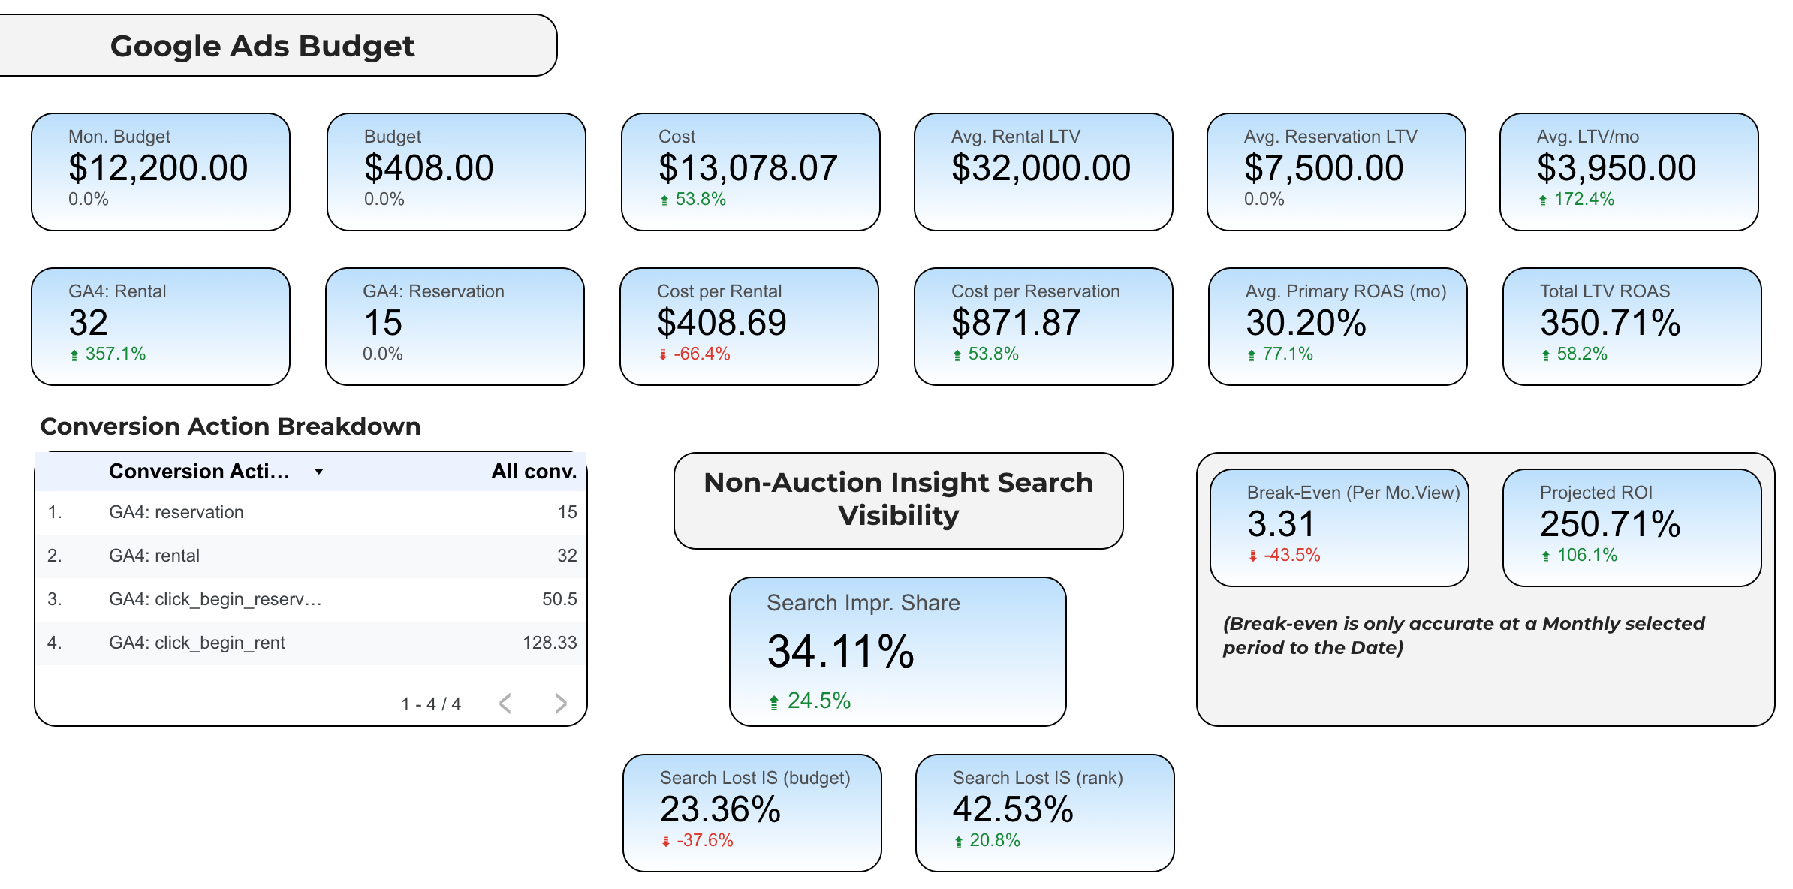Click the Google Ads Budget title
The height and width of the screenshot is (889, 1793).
pyautogui.click(x=262, y=46)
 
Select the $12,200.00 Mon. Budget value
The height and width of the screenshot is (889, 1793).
pyautogui.click(x=158, y=167)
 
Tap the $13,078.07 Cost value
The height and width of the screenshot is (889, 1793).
pyautogui.click(x=747, y=167)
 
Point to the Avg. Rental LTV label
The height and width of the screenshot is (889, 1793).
pyautogui.click(x=1015, y=137)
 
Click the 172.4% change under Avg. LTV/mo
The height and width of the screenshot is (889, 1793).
pyautogui.click(x=1584, y=200)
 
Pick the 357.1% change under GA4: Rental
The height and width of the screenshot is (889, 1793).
pyautogui.click(x=115, y=354)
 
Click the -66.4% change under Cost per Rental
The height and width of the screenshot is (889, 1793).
pyautogui.click(x=701, y=354)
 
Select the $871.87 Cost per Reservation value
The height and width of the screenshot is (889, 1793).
pyautogui.click(x=1015, y=323)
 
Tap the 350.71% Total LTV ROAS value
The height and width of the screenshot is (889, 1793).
pyautogui.click(x=1610, y=323)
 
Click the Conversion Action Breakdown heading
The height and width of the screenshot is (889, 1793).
pyautogui.click(x=230, y=426)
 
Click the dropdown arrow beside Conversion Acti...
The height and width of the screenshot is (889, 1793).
pyautogui.click(x=319, y=472)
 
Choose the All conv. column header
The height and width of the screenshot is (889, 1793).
pyautogui.click(x=534, y=472)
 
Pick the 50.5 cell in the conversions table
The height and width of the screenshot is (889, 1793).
pyautogui.click(x=559, y=599)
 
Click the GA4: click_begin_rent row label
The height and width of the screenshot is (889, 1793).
pyautogui.click(x=197, y=643)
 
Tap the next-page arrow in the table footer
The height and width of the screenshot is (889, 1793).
pyautogui.click(x=561, y=704)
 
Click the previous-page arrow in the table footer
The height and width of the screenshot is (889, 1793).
pyautogui.click(x=505, y=704)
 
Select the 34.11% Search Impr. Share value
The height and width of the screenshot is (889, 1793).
pyautogui.click(x=840, y=651)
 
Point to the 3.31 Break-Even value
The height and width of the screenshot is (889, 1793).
pyautogui.click(x=1281, y=524)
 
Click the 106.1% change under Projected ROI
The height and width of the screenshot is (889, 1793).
pyautogui.click(x=1587, y=556)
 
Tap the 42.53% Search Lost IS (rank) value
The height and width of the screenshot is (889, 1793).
pyautogui.click(x=1012, y=809)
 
